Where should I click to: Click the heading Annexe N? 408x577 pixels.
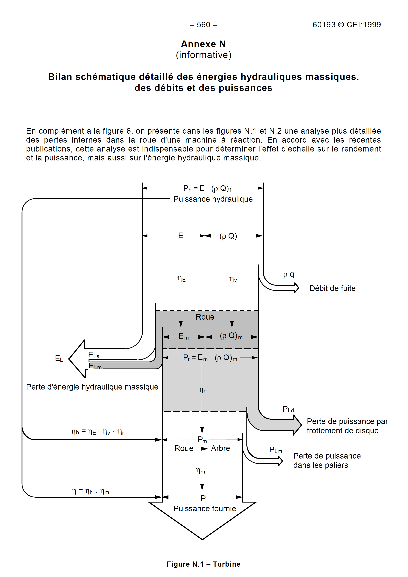[203, 44]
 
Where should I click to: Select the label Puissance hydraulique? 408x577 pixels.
[213, 199]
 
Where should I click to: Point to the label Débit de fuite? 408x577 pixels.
[332, 288]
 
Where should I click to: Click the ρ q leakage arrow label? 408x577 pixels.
[289, 275]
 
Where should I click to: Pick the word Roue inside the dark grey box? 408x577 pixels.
[205, 317]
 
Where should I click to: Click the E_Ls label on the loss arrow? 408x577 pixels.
[94, 355]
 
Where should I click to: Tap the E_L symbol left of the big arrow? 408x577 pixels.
[59, 359]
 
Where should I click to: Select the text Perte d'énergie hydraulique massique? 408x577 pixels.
[92, 387]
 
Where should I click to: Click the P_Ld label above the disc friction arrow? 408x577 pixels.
[288, 409]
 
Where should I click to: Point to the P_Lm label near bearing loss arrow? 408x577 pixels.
[275, 450]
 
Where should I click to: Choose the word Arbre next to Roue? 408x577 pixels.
[220, 448]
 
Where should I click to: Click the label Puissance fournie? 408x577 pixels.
[205, 509]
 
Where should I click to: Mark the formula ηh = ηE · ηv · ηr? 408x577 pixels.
[97, 432]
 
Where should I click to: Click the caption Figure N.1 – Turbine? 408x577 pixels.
[203, 564]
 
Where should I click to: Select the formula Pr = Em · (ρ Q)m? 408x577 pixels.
[210, 358]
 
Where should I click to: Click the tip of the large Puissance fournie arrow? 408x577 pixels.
[202, 539]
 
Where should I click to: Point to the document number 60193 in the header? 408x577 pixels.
[324, 25]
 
